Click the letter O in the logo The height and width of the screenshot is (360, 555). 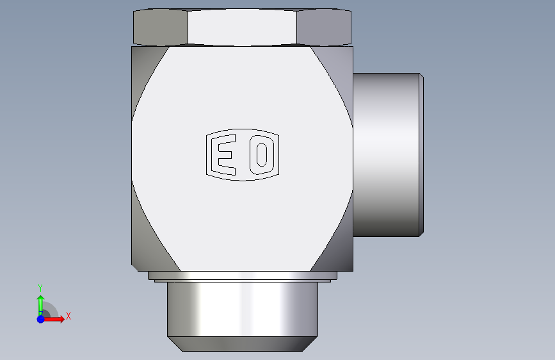click(262, 155)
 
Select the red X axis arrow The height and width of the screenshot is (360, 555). click(53, 319)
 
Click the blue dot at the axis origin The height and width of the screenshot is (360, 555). click(41, 319)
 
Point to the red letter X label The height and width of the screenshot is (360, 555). click(68, 316)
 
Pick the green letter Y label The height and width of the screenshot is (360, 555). click(40, 288)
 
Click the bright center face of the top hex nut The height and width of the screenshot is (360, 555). click(242, 28)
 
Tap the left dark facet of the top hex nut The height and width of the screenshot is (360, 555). click(160, 28)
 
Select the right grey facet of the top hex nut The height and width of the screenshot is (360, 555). click(324, 28)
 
